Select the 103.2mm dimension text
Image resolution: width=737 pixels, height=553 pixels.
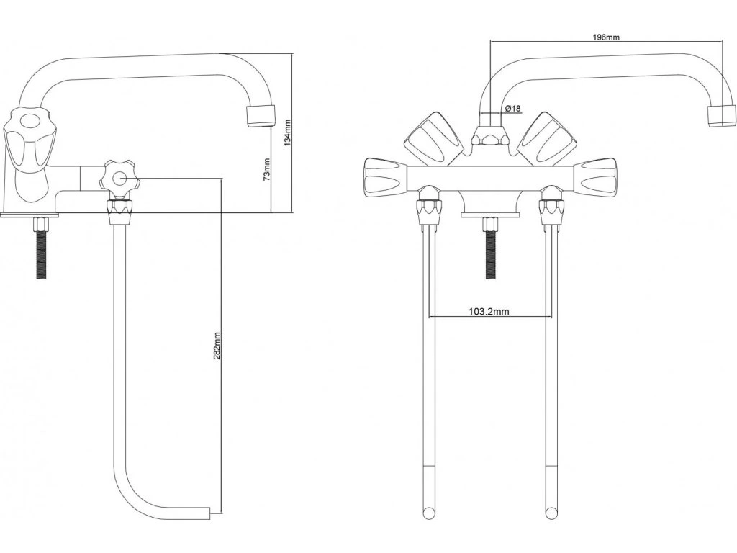coord(489,312)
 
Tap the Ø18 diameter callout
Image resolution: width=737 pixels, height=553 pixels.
coord(513,108)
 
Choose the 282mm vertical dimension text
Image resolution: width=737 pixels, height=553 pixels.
coord(217,346)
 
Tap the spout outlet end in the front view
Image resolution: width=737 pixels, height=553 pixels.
coord(721,116)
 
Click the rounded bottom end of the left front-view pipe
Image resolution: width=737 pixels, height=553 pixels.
coord(429,512)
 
